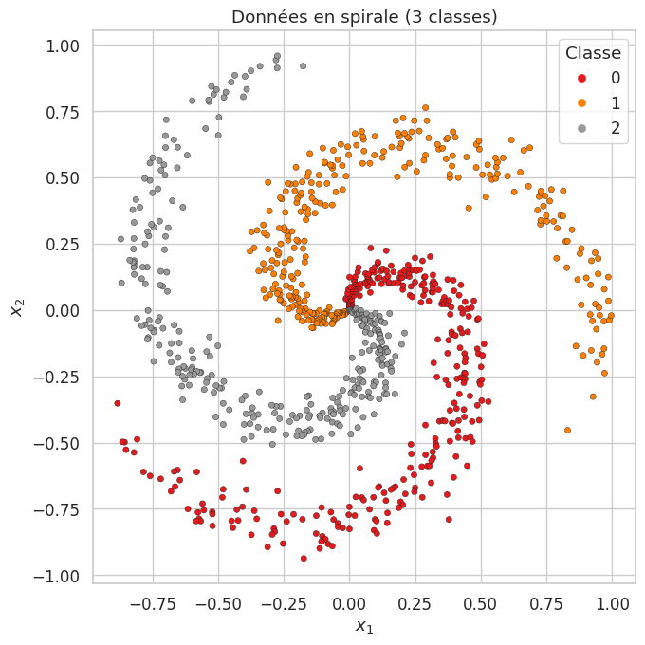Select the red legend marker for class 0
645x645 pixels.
581,77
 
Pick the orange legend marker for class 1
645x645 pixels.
581,102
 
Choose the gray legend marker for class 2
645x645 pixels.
581,128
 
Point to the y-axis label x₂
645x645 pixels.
16,310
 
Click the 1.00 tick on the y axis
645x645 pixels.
66,45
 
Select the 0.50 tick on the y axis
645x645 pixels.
66,177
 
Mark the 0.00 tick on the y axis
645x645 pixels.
66,310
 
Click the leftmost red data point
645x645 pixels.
118,403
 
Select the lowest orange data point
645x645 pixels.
568,431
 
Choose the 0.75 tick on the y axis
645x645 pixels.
66,111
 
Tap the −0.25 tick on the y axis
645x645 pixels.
62,377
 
